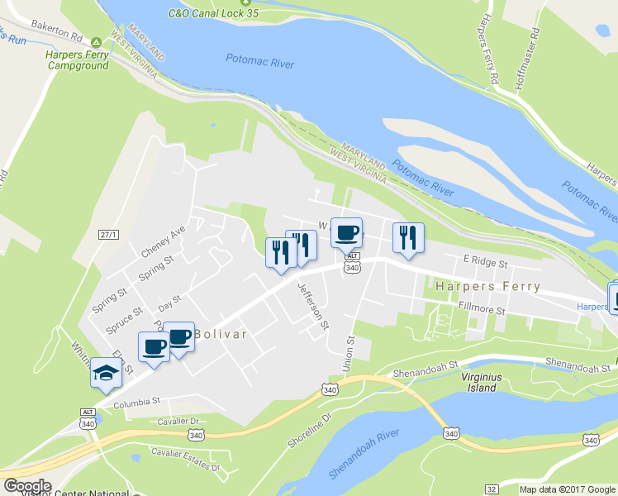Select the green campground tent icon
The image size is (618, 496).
point(96,42)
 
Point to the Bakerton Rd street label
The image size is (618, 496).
point(55,37)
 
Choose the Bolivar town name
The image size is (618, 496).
point(221,334)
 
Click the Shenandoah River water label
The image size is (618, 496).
point(364,454)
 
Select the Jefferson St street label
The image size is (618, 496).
point(313,303)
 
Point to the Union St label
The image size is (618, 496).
point(349,353)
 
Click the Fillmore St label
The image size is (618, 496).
point(481,308)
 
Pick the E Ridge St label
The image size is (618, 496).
point(484,261)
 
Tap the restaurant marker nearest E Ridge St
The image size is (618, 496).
point(407,238)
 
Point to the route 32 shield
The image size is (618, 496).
point(491,489)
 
